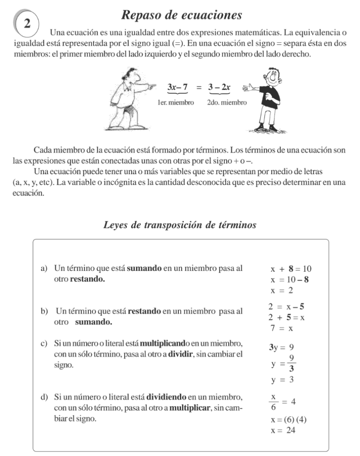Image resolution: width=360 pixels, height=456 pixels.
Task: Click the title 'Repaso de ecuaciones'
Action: pyautogui.click(x=182, y=15)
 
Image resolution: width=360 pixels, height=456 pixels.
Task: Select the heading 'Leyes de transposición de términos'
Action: pyautogui.click(x=180, y=225)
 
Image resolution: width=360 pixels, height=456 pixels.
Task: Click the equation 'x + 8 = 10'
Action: pyautogui.click(x=291, y=269)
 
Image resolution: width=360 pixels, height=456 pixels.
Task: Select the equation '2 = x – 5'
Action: pyautogui.click(x=286, y=307)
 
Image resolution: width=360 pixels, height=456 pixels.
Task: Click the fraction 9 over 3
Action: pyautogui.click(x=291, y=364)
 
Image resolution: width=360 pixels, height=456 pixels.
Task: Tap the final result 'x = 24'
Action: pyautogui.click(x=283, y=431)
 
